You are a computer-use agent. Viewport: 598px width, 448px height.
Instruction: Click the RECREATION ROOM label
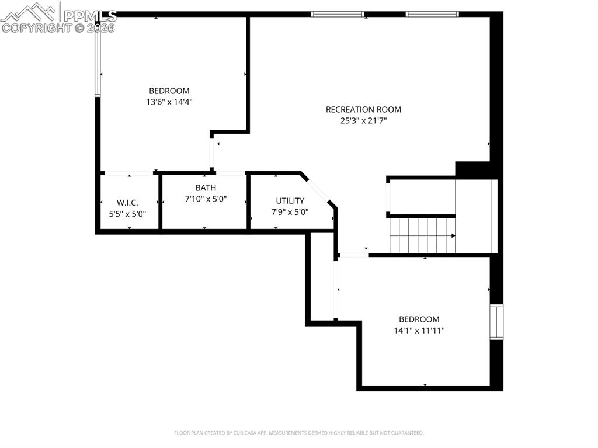(363, 109)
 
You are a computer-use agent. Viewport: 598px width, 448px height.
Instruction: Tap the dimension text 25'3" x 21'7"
(363, 121)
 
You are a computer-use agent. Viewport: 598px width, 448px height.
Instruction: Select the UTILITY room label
(290, 201)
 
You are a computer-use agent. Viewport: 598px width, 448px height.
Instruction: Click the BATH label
(206, 187)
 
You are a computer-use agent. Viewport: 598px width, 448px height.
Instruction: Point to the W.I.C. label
(127, 203)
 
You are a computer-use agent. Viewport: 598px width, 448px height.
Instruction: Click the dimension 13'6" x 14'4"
(169, 102)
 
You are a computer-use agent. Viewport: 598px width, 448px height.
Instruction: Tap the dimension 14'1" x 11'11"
(419, 330)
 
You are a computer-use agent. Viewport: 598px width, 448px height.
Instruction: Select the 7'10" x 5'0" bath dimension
(206, 199)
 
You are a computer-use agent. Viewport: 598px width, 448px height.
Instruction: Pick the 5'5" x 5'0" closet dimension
(127, 214)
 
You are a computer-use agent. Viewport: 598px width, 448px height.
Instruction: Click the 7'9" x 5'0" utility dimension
(290, 212)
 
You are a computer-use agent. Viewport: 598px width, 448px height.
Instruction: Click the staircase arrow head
(453, 235)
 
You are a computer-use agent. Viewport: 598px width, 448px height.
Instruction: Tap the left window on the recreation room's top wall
(338, 14)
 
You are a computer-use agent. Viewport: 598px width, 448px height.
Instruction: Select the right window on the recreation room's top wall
(432, 14)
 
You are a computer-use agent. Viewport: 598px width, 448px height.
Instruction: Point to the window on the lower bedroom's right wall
(496, 322)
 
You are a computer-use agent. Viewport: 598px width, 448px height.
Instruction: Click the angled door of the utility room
(319, 188)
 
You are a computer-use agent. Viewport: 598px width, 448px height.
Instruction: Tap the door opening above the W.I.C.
(128, 173)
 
